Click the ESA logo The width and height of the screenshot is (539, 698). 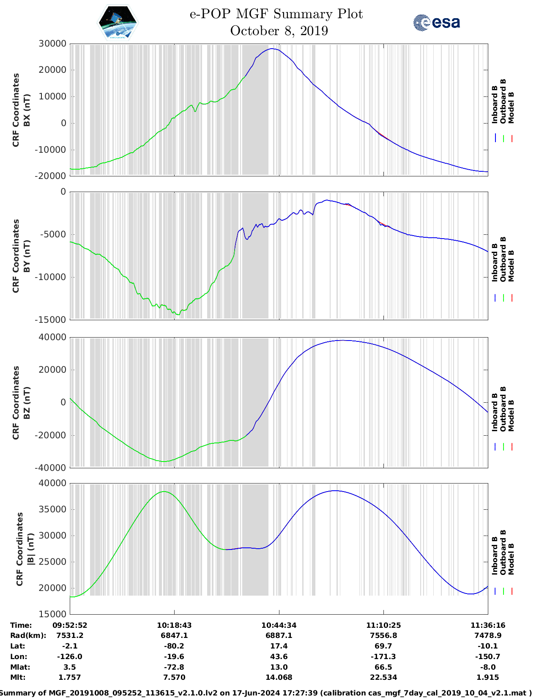pos(436,22)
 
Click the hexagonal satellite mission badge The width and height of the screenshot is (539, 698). pos(118,22)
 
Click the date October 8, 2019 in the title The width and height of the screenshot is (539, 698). pos(279,31)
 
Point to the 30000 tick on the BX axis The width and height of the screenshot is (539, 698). pos(52,44)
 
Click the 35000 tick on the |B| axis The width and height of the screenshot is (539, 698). pos(52,509)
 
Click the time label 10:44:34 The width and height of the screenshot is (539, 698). pos(279,625)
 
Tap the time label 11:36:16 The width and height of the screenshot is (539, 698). pos(488,625)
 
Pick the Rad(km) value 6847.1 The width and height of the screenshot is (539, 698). pos(174,635)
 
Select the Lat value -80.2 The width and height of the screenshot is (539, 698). pos(174,646)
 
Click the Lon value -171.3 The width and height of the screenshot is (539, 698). pos(383,657)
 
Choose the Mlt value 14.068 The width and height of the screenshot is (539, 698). pos(279,677)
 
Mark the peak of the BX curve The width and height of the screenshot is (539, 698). pos(273,49)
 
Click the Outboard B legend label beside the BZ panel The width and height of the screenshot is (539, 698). pos(503,409)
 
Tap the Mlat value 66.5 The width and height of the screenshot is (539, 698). pos(383,667)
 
